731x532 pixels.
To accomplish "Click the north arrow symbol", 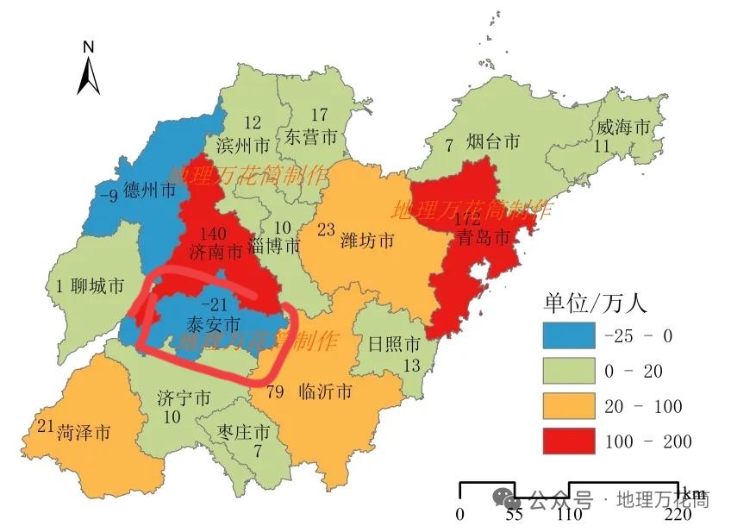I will [89, 69].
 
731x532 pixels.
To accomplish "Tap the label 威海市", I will [623, 127].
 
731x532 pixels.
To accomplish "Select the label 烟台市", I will [493, 141].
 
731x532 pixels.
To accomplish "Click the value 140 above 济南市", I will [212, 234].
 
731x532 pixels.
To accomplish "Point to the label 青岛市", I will [484, 238].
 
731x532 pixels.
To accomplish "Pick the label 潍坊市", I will [367, 240].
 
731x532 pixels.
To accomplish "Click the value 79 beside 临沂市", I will [276, 393].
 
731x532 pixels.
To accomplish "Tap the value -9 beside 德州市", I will [108, 195].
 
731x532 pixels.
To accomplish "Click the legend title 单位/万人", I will [594, 303].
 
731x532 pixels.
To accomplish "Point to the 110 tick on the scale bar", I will [569, 515].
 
